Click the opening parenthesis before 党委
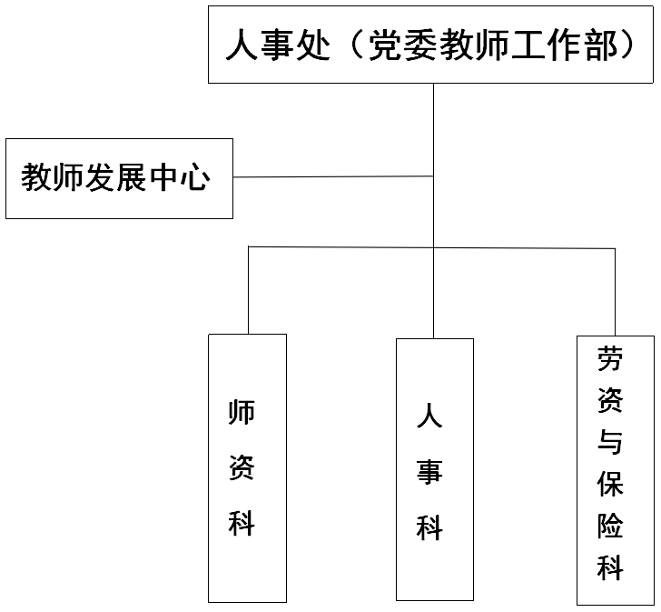tap(356, 45)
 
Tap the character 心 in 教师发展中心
tap(195, 177)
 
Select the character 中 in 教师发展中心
tap(163, 177)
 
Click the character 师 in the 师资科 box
tap(242, 412)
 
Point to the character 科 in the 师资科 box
tap(242, 523)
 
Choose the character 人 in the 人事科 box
tap(429, 415)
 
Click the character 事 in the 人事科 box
tap(429, 471)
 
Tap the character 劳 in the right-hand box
tap(610, 358)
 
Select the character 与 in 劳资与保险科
tap(610, 442)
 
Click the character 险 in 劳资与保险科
tap(610, 526)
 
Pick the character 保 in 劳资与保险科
tap(610, 484)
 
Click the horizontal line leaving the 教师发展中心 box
tap(333, 176)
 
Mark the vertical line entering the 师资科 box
tap(248, 290)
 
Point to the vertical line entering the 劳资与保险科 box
tap(615, 292)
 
